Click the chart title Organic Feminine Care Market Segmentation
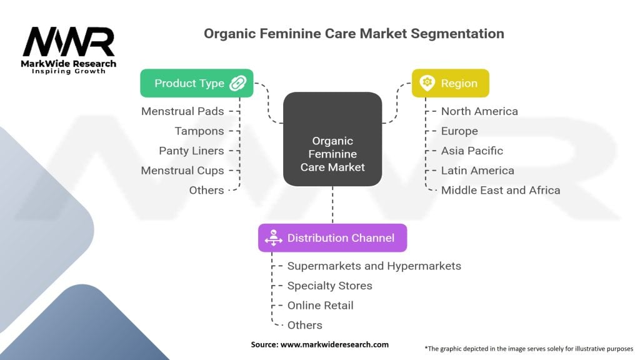pyautogui.click(x=354, y=33)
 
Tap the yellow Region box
pyautogui.click(x=450, y=83)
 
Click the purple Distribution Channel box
pyautogui.click(x=332, y=238)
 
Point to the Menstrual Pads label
pyautogui.click(x=182, y=111)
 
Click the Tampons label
pyautogui.click(x=199, y=131)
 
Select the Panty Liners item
pyautogui.click(x=191, y=151)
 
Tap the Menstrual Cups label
pyautogui.click(x=182, y=171)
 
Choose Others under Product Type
pyautogui.click(x=206, y=190)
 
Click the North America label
pyautogui.click(x=479, y=111)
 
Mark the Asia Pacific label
pyautogui.click(x=472, y=151)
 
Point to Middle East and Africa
pyautogui.click(x=501, y=190)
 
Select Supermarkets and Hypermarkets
pyautogui.click(x=374, y=266)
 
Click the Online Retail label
pyautogui.click(x=320, y=305)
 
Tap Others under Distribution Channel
pyautogui.click(x=304, y=325)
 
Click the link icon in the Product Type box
pyautogui.click(x=237, y=83)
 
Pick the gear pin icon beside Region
pyautogui.click(x=427, y=83)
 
